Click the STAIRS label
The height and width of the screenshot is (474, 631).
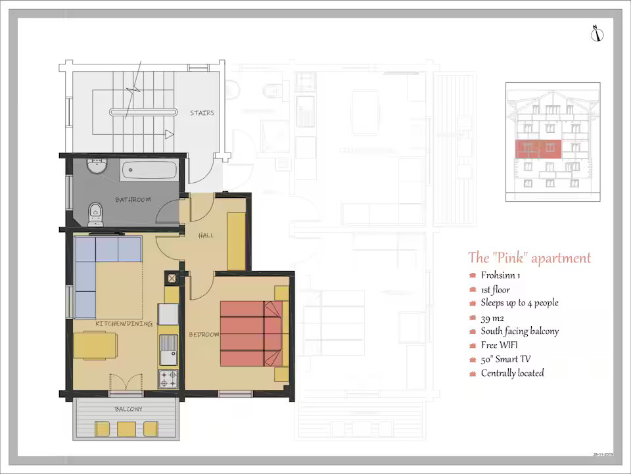pos(202,113)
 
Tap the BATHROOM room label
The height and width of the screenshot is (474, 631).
pos(133,200)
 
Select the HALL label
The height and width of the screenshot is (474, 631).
pos(206,235)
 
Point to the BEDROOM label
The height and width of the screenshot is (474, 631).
pos(204,335)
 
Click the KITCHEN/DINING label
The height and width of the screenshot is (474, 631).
pos(124,323)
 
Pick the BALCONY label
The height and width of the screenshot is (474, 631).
pos(128,409)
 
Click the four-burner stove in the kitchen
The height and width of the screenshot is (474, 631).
pos(168,379)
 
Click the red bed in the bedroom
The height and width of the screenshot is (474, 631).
pos(251,333)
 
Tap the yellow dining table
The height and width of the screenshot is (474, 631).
pos(95,345)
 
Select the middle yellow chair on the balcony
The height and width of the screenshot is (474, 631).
pos(126,429)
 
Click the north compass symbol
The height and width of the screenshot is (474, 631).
pos(597,34)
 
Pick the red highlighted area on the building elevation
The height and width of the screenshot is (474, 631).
pos(538,149)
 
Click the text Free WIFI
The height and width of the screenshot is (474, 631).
pos(499,345)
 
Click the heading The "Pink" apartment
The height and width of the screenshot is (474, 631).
pos(529,258)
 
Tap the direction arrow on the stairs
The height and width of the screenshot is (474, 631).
pos(170,134)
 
